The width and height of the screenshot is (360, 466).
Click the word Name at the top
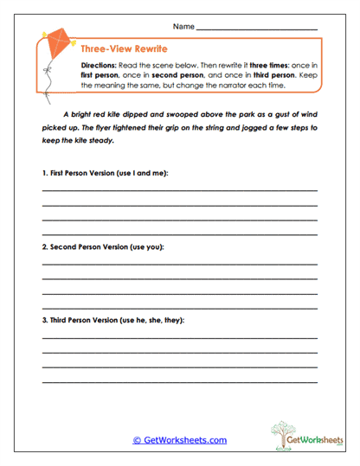click(x=183, y=28)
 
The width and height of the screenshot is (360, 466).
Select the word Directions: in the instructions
click(x=101, y=67)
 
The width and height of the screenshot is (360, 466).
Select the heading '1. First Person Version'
click(x=106, y=173)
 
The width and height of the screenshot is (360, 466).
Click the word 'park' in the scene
click(x=221, y=113)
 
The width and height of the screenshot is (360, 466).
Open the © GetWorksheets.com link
click(x=179, y=440)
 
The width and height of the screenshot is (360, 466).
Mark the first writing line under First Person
click(x=179, y=190)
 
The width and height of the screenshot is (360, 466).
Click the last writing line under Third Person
click(x=179, y=382)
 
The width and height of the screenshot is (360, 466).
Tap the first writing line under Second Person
click(x=179, y=264)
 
